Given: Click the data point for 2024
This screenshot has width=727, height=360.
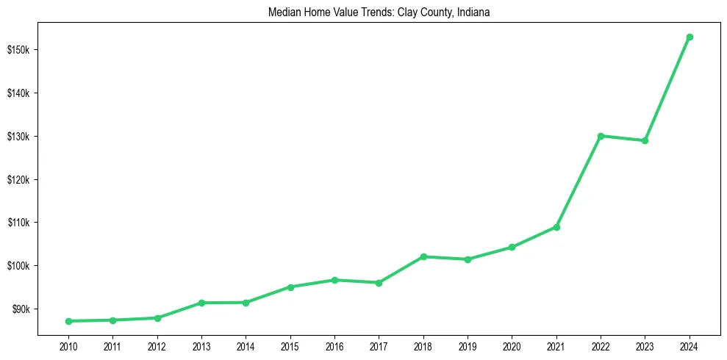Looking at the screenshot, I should [x=690, y=37].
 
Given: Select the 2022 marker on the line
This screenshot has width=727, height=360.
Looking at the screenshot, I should [x=601, y=136].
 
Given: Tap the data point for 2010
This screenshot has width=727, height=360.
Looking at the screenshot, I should [x=68, y=321].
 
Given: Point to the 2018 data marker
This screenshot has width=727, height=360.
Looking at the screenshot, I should [x=423, y=256].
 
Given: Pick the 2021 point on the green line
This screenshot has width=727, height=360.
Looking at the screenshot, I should [x=556, y=227].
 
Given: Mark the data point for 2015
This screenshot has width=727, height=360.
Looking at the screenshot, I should [x=290, y=287].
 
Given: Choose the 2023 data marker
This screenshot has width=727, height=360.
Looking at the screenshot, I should [x=645, y=140].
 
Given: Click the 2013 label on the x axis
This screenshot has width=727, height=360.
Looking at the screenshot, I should [x=201, y=346].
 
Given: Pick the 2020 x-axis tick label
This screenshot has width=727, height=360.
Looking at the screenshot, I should [x=512, y=346].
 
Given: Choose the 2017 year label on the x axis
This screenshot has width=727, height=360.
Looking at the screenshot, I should [x=379, y=346].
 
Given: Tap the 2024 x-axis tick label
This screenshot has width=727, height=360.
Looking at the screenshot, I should [x=690, y=346].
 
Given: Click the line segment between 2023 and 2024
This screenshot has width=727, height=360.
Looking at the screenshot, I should [x=667, y=88].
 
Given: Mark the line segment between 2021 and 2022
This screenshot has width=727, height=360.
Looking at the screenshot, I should [x=579, y=181].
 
